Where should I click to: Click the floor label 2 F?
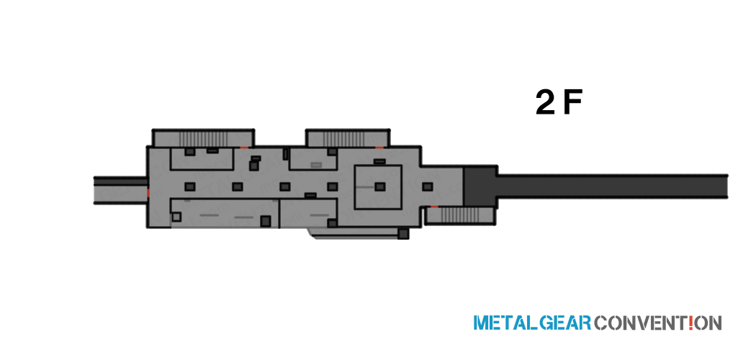click(x=559, y=103)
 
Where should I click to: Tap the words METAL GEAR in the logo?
click(x=532, y=323)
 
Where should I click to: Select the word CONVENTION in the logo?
click(x=658, y=323)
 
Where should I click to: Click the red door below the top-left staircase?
click(x=245, y=147)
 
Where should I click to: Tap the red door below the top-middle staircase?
click(x=380, y=147)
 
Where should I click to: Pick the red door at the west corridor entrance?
click(x=148, y=193)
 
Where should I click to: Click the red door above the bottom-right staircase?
click(x=434, y=206)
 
